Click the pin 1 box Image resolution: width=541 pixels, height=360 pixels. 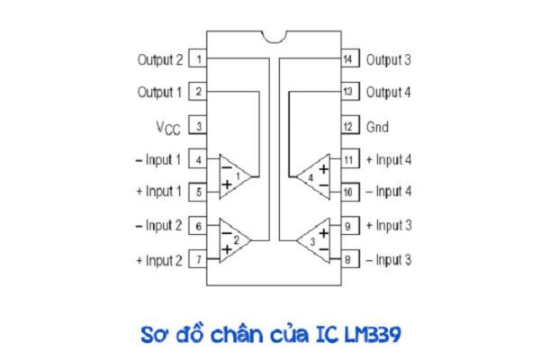click(x=198, y=59)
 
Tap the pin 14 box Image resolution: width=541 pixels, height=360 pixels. click(x=350, y=58)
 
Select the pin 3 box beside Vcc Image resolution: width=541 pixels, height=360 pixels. click(x=198, y=126)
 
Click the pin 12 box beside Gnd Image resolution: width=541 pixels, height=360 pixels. click(x=350, y=126)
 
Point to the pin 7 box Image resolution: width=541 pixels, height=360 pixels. click(x=198, y=259)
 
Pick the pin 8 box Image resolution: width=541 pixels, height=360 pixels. click(x=350, y=259)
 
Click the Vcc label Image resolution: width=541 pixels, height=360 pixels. click(x=168, y=128)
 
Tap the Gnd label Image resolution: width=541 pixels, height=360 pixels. click(x=377, y=127)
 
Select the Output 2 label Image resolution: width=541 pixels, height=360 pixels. click(x=160, y=59)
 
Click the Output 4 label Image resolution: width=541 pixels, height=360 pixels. click(x=389, y=92)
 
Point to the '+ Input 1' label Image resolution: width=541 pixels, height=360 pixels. click(x=159, y=192)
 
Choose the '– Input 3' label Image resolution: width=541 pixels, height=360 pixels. click(x=389, y=260)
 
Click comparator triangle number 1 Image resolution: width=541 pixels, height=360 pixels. click(x=235, y=176)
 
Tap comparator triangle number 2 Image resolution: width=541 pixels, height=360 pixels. click(x=235, y=240)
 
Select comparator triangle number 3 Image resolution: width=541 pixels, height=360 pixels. click(x=313, y=240)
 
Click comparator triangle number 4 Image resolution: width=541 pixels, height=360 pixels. click(x=313, y=176)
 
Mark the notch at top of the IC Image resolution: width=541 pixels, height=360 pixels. click(x=274, y=37)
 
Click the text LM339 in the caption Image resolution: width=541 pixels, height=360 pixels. click(x=373, y=335)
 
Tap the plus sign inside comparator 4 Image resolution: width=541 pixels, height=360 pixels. click(x=324, y=169)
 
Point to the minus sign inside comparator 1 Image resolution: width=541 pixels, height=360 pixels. click(x=227, y=168)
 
